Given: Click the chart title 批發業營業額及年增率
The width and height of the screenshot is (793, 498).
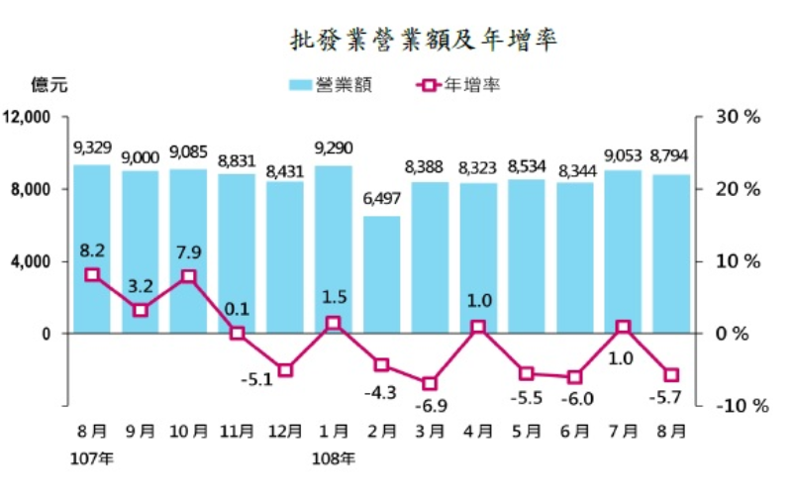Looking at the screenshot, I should pos(423,40).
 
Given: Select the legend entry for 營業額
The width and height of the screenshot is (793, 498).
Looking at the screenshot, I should pos(331,85).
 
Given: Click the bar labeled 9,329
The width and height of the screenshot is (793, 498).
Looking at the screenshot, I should pos(92,249).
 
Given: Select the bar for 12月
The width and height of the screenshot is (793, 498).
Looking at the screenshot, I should pos(285,257).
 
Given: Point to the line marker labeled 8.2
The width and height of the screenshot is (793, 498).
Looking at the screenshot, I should pos(92,274).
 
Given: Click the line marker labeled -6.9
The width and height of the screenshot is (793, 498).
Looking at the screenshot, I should pos(430,383).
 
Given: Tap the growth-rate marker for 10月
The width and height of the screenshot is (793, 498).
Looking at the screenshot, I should pos(188,276).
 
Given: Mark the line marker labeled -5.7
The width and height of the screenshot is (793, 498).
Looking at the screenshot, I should pos(671,374).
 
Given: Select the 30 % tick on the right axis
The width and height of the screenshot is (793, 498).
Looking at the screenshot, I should pos(737,117).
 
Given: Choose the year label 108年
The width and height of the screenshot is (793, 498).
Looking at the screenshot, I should pos(335,458).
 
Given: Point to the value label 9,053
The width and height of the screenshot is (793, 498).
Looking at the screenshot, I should pos(623,154).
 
